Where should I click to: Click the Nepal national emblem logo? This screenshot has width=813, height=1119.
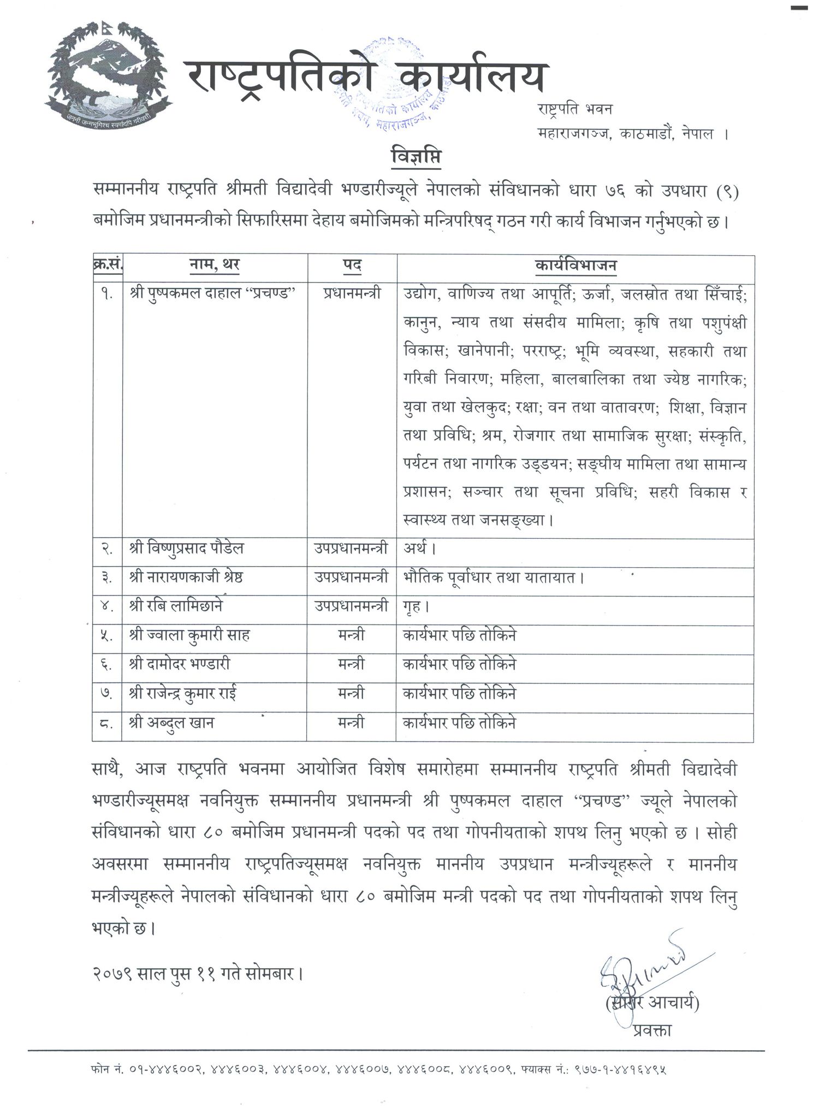point(108,71)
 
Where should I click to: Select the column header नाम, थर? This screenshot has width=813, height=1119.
point(214,266)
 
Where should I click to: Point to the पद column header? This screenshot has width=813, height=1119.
point(352,266)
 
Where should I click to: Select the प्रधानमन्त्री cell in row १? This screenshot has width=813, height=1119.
point(352,293)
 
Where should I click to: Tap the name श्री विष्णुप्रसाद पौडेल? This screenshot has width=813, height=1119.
point(186,548)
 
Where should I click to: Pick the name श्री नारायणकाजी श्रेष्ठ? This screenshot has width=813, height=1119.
point(186,577)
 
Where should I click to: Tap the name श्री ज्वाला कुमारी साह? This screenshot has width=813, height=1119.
point(189,635)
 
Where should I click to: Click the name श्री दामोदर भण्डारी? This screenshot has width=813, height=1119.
point(180,664)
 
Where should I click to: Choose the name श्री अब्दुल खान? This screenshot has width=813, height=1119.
point(171,722)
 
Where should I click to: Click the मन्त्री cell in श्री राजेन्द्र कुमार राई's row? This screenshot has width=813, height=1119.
point(351,693)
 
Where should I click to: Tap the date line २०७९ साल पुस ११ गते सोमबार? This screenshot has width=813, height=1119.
point(197,973)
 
